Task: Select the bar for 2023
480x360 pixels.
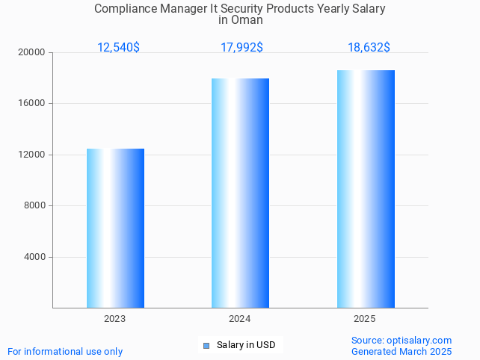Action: pos(115,228)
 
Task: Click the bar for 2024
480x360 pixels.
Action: pos(240,193)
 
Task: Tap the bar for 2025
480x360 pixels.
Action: pos(366,189)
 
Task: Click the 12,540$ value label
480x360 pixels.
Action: pos(118,48)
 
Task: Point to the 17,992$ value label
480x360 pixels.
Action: pos(241,48)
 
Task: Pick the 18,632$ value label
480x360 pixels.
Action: pos(369,48)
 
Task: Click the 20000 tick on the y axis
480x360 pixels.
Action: pos(32,52)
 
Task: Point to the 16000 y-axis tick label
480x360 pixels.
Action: pos(32,104)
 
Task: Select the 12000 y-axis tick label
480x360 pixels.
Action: pos(32,155)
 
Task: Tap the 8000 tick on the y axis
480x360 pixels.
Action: pos(34,206)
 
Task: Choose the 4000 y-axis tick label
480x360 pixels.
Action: pos(34,257)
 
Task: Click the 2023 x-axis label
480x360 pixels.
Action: pos(115,319)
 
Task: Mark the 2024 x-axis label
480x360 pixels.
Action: pos(240,319)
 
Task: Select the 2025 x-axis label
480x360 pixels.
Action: pos(365,319)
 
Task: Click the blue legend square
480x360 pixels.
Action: pos(206,345)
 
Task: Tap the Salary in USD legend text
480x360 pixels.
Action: pos(246,345)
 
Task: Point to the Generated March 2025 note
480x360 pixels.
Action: pos(401,352)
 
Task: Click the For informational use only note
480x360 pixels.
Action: pos(65,352)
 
